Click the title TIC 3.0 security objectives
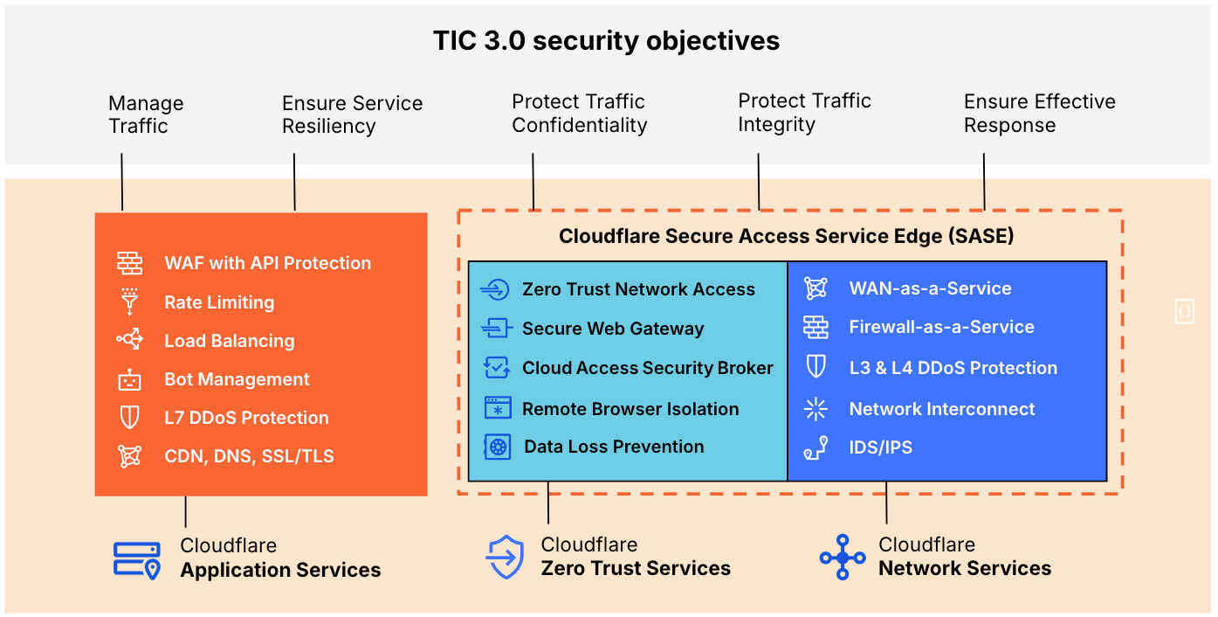(607, 41)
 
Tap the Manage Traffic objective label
(146, 114)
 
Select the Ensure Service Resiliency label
(352, 114)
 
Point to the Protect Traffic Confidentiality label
(579, 114)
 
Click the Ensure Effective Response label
(1039, 114)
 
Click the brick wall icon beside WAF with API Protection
(129, 263)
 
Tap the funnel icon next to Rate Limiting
(129, 302)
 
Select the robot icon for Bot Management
(129, 379)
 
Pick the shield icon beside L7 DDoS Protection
(129, 418)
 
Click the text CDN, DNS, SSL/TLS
(249, 456)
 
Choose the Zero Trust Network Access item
(638, 289)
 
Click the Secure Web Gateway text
(613, 329)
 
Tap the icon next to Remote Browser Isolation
(497, 408)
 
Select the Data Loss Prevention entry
(614, 447)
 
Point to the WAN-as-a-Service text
(930, 288)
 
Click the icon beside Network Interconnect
(815, 408)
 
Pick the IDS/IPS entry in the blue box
(880, 447)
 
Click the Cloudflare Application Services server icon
(137, 559)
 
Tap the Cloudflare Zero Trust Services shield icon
(505, 558)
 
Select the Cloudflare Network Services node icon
(843, 558)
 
